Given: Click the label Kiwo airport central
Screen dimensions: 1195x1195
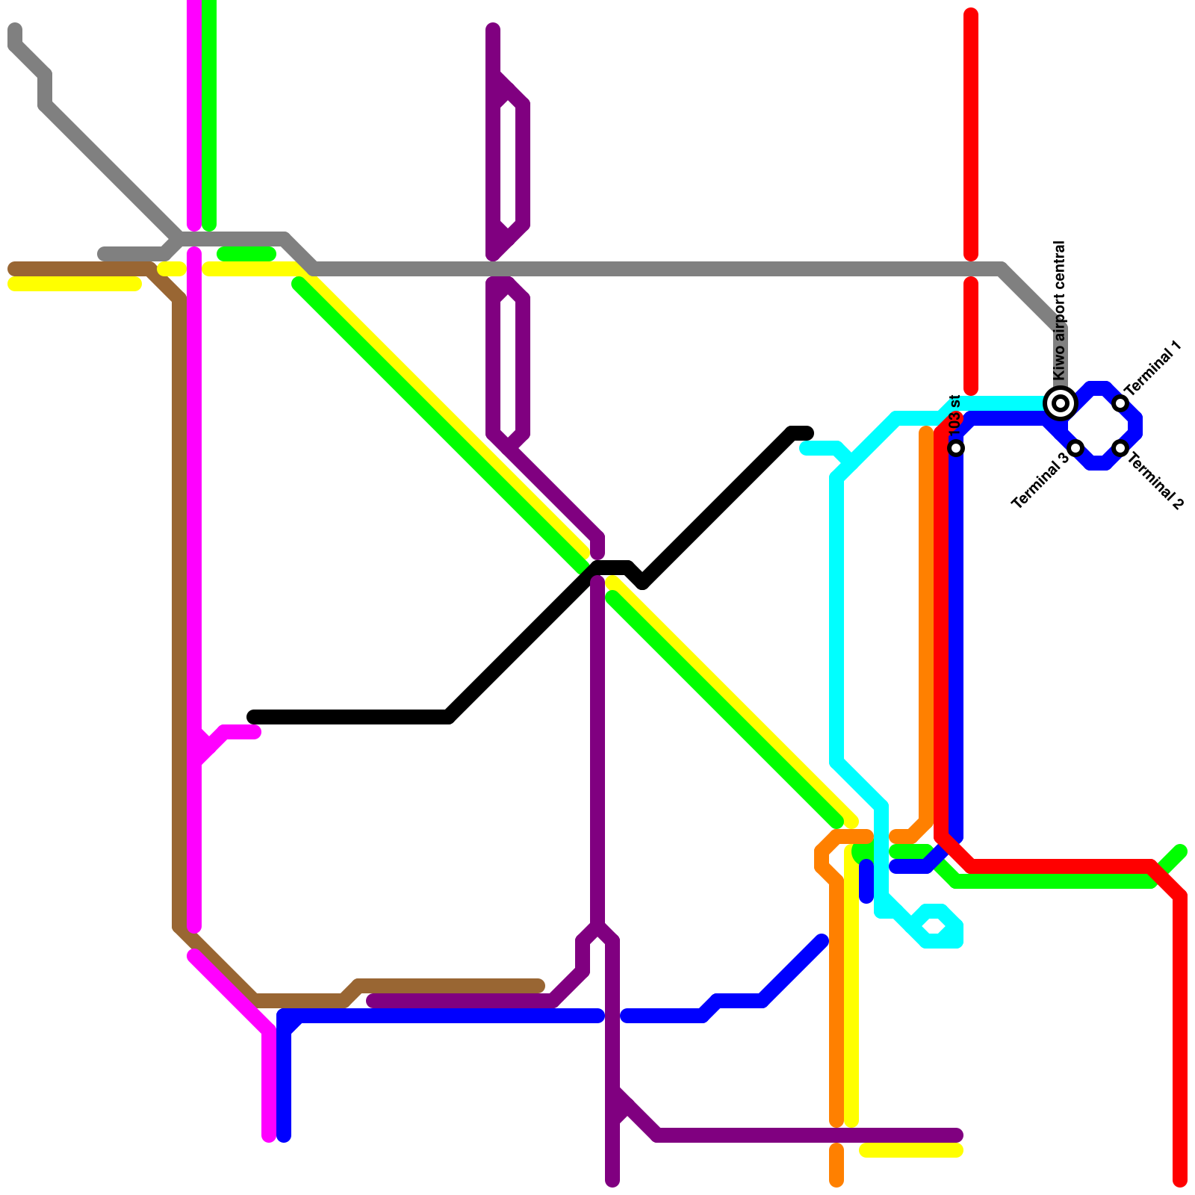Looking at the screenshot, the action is (x=1058, y=310).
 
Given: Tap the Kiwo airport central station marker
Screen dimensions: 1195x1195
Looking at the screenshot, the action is (x=1061, y=403).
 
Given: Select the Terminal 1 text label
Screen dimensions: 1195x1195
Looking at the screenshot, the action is (x=1153, y=367).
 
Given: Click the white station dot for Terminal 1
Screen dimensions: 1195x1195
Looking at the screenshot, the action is (x=1120, y=403).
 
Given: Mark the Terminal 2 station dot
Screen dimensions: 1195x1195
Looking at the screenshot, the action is (x=1120, y=448).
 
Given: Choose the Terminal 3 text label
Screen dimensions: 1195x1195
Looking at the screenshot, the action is (x=1040, y=482).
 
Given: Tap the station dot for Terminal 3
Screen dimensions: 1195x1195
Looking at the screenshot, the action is (x=1075, y=448).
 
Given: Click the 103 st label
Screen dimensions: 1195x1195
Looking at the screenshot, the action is (x=955, y=415).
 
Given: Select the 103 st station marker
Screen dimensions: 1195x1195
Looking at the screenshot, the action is (x=956, y=448).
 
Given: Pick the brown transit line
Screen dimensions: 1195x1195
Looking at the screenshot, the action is (x=179, y=597).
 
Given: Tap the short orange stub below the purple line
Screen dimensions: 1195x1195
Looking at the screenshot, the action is (x=836, y=1165).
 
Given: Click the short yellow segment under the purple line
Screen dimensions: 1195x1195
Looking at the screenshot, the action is (x=911, y=1151).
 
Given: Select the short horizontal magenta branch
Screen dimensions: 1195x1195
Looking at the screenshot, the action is (x=239, y=733).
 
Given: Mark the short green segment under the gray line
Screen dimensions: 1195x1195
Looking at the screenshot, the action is (x=246, y=255).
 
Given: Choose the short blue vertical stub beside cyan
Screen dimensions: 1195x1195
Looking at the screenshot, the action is (x=866, y=881).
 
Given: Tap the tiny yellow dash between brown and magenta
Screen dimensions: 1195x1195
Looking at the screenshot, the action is (x=172, y=269).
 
